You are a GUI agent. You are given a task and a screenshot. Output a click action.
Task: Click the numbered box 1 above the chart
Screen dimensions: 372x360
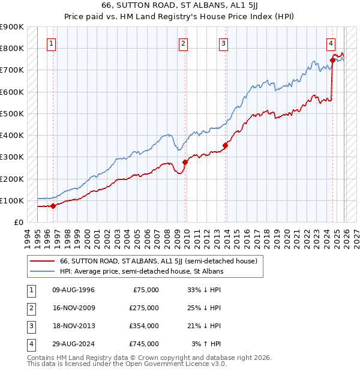click(52, 43)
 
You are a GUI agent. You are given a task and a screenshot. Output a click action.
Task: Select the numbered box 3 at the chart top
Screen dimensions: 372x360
click(223, 43)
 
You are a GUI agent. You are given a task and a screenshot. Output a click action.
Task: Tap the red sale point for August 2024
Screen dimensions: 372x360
click(332, 59)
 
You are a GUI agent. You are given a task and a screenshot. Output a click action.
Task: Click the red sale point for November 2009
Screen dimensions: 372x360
click(185, 162)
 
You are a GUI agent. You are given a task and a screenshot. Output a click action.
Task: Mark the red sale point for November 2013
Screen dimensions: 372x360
click(226, 145)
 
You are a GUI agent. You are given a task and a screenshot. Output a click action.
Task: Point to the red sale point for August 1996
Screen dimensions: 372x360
click(53, 206)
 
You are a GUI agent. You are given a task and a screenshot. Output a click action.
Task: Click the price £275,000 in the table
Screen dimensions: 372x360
click(144, 308)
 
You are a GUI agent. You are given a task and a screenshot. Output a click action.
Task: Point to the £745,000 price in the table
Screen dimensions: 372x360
click(144, 344)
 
